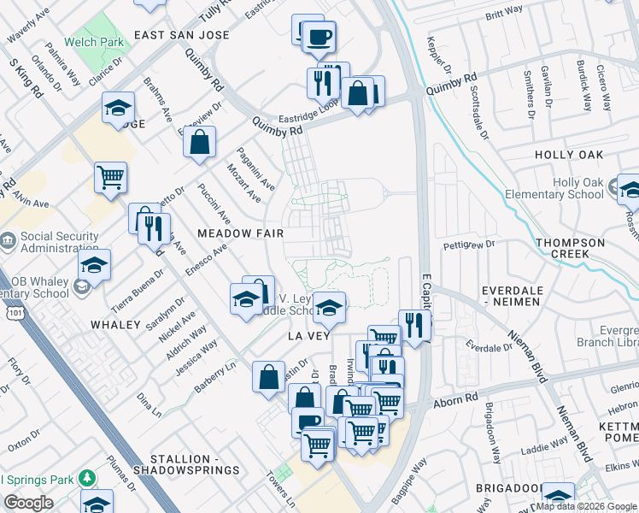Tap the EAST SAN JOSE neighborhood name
(181, 35)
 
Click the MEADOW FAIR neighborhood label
(240, 233)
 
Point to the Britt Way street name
(503, 12)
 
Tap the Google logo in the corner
(28, 503)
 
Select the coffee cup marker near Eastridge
(319, 37)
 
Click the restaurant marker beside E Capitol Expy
(414, 324)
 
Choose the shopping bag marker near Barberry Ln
(269, 375)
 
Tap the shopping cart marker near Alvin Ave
(110, 177)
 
